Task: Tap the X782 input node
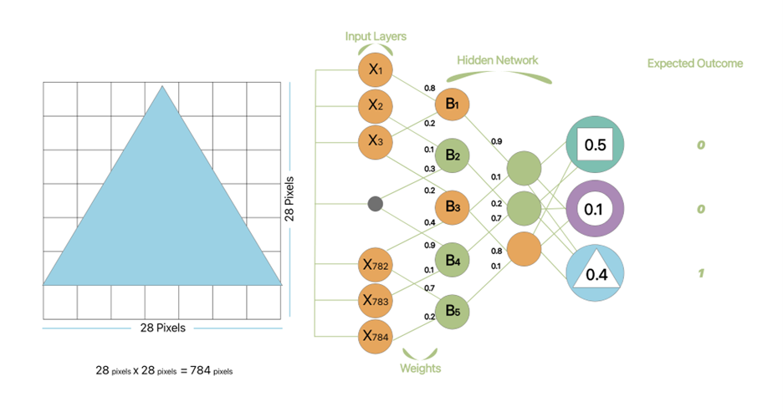click(x=376, y=265)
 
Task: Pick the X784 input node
click(x=376, y=337)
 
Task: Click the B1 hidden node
click(x=453, y=105)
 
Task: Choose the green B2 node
click(x=453, y=155)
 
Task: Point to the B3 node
click(x=453, y=206)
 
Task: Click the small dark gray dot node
click(x=376, y=203)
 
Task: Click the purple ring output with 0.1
click(x=594, y=208)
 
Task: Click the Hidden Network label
click(x=498, y=61)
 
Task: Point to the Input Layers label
click(x=376, y=37)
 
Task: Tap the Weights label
click(x=421, y=368)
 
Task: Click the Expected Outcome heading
click(x=694, y=64)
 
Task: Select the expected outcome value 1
click(x=700, y=272)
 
